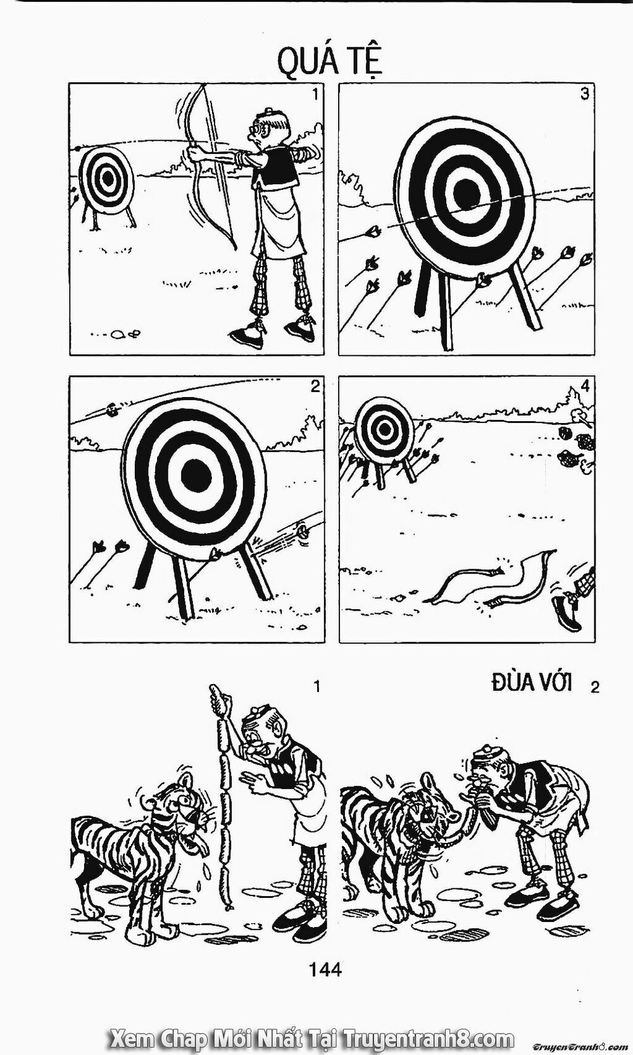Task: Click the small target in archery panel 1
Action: click(x=107, y=179)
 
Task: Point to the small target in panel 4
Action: click(x=384, y=431)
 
